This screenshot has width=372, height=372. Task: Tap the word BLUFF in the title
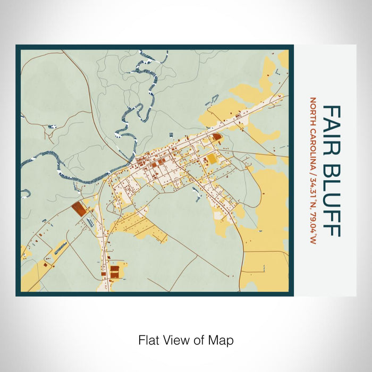[x=332, y=196]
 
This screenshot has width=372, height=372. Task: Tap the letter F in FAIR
[x=332, y=111]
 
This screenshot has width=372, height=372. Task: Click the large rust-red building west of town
[x=79, y=209]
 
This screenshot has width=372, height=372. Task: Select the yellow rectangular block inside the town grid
[x=212, y=158]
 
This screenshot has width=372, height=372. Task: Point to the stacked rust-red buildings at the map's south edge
[x=114, y=272]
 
